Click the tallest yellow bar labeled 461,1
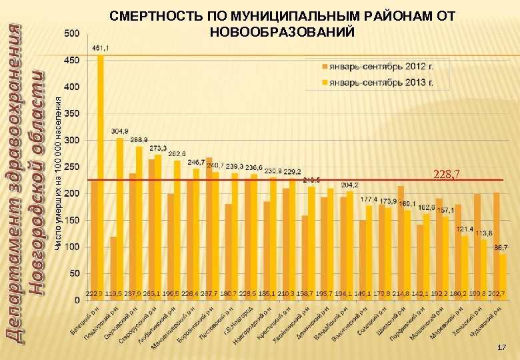[101, 173]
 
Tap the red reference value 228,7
[447, 175]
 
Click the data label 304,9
[120, 131]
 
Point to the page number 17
[502, 348]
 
